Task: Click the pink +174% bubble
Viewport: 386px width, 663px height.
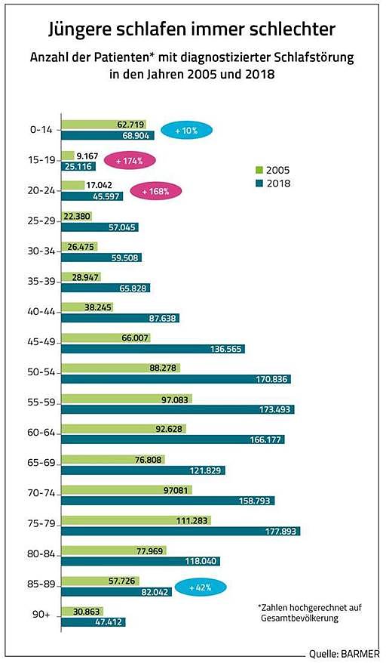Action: click(x=130, y=161)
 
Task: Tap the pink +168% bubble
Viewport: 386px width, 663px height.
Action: click(x=155, y=191)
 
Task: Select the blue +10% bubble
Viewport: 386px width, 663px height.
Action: click(x=186, y=131)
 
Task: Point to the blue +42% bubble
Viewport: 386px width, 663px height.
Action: click(x=201, y=587)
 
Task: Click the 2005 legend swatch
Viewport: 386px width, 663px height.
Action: click(x=259, y=170)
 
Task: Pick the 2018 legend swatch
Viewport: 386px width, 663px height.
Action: click(x=259, y=183)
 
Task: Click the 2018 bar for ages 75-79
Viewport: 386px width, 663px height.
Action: click(x=181, y=531)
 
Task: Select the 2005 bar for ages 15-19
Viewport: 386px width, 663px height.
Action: click(x=68, y=156)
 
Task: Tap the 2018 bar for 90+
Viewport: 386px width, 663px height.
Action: click(x=93, y=622)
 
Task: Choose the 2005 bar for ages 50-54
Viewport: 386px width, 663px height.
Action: click(x=121, y=368)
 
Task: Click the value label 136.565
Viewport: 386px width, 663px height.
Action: click(x=226, y=349)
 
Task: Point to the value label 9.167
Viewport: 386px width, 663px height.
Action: click(x=87, y=156)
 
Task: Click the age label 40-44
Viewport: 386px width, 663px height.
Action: click(x=41, y=311)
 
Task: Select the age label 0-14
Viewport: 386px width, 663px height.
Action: click(x=41, y=129)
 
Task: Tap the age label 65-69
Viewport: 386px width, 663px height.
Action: click(x=41, y=463)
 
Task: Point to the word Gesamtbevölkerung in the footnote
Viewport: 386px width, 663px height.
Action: click(x=299, y=618)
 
